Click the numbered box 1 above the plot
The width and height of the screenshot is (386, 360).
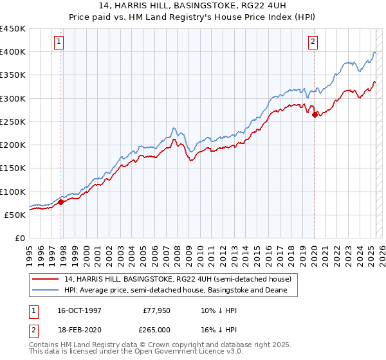point(59,42)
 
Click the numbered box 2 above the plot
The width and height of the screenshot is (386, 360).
point(313,42)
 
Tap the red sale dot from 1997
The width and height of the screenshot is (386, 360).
point(61,202)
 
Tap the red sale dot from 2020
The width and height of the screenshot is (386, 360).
point(315,115)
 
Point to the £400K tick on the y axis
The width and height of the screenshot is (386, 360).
point(13,52)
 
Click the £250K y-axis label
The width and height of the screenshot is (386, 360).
point(13,122)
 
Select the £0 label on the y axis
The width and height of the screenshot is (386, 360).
point(19,238)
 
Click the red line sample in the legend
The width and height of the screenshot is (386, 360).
point(46,279)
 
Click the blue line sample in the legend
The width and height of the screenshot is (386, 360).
point(46,290)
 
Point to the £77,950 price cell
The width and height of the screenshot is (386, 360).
point(156,310)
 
